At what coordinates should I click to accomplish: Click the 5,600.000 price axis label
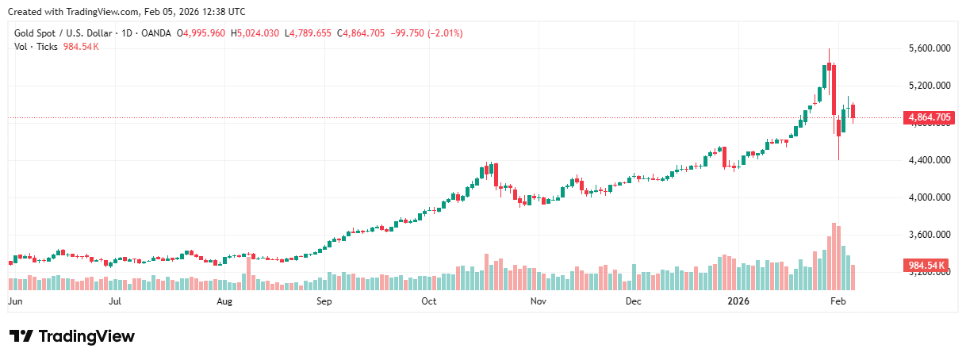930,48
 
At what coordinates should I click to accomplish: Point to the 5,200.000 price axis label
930,86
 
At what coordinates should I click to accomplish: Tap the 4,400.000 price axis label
930,160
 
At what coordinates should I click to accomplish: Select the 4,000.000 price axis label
930,197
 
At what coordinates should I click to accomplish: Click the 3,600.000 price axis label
930,235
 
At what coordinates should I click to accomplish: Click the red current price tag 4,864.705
929,118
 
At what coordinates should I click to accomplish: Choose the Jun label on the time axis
13,302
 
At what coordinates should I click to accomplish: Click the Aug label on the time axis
224,302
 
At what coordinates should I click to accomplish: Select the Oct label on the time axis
429,302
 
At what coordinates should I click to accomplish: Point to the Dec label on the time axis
633,302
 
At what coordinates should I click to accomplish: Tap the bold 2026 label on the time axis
738,302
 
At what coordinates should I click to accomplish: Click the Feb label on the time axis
837,302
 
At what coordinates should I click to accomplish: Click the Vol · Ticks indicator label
36,47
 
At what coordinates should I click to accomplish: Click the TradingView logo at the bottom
72,336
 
